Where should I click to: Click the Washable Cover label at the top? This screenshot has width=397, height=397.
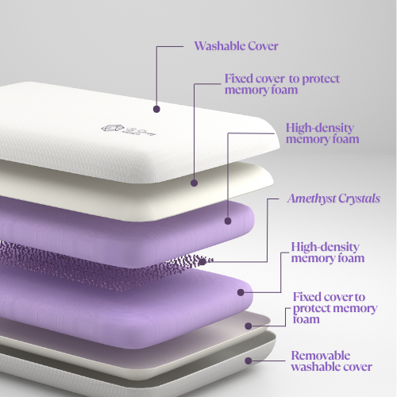236,46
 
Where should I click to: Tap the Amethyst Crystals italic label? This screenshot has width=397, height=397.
333,198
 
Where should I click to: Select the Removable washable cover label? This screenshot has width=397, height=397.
332,361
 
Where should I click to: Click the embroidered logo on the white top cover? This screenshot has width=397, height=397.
129,129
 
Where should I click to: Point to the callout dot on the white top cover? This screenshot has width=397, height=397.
156,109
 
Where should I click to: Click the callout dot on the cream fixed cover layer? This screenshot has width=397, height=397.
195,183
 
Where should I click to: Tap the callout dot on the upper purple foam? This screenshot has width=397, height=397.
228,221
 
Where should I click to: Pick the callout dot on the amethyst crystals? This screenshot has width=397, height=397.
202,262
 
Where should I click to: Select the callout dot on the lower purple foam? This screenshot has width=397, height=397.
241,292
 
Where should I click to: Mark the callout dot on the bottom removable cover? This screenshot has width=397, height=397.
249,360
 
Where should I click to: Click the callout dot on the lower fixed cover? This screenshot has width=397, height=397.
249,326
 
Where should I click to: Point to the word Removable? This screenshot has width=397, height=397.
321,356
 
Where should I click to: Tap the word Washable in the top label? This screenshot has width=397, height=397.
216,46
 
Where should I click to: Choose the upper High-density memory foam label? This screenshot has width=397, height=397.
322,133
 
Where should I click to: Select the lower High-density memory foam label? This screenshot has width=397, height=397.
328,252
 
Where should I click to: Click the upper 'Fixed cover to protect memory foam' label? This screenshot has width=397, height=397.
282,84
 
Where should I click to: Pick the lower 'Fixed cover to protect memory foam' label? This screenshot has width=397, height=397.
335,308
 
